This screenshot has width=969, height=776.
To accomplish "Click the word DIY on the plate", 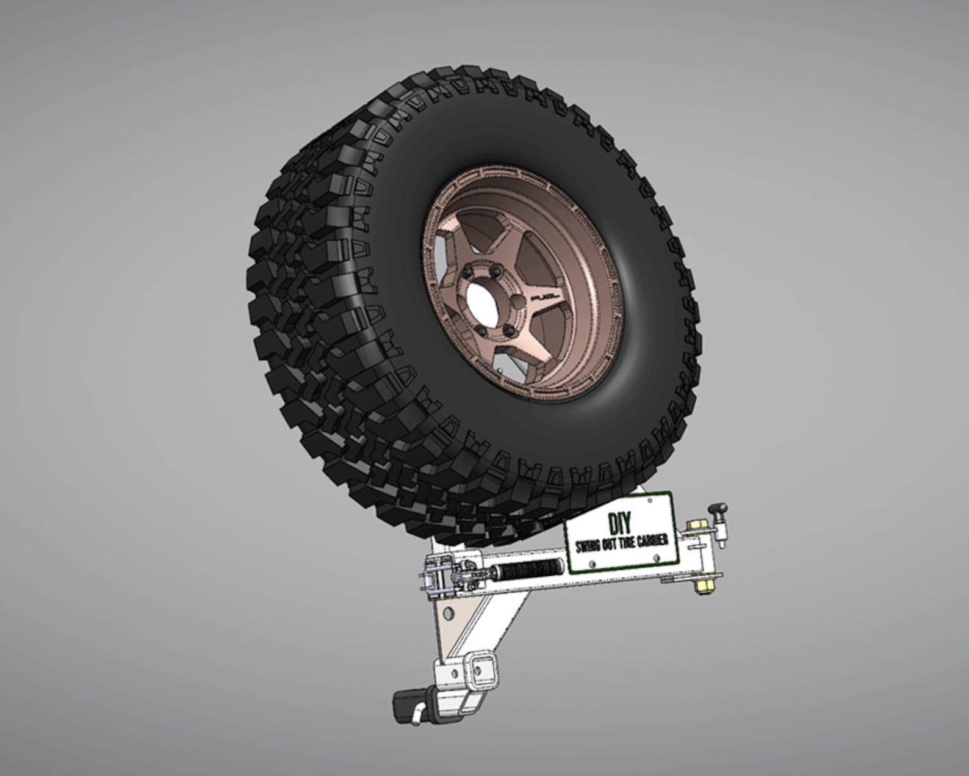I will pos(620,523).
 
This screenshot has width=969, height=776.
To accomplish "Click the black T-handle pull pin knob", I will pos(719,507).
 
